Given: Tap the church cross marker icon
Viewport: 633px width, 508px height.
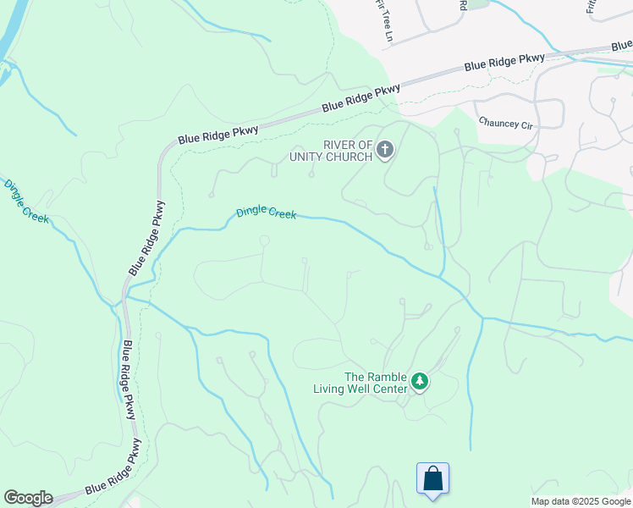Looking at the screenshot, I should [384, 151].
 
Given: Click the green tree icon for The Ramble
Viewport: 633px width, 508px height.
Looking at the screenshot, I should [419, 383].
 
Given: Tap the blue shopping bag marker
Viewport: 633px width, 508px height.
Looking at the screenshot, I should [432, 478].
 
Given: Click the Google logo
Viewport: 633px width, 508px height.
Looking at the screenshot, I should [28, 498].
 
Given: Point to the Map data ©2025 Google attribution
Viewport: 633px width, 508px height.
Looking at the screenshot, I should [581, 501].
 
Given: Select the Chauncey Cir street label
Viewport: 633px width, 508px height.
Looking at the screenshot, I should [506, 124].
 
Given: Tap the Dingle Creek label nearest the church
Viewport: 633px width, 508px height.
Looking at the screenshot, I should [266, 212].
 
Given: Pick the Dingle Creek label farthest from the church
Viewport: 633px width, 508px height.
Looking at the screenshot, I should [26, 201].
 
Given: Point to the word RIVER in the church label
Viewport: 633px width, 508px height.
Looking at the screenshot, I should [331, 145].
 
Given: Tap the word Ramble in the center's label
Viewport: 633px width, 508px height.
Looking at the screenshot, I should [387, 378].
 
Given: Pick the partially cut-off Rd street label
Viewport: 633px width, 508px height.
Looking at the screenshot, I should [464, 4].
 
